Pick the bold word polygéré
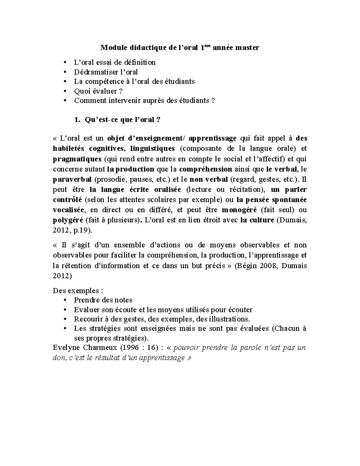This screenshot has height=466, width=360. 68,220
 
